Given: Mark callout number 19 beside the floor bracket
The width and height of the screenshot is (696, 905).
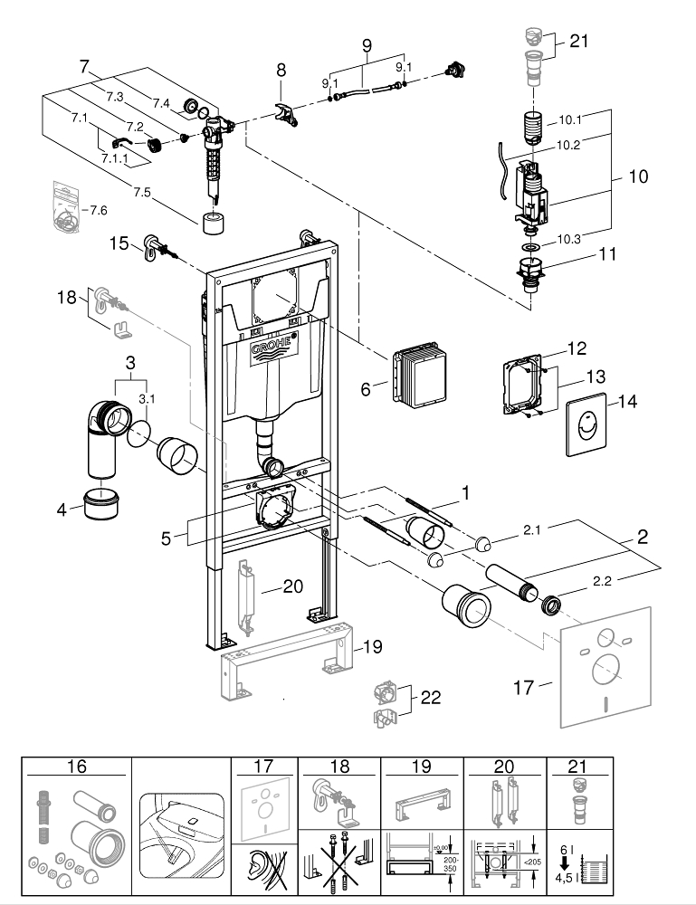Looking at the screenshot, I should click(x=373, y=647).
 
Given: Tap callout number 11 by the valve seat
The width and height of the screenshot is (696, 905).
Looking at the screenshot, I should click(x=606, y=254).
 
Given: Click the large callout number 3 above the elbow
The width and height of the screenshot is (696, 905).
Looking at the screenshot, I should click(x=131, y=361).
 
